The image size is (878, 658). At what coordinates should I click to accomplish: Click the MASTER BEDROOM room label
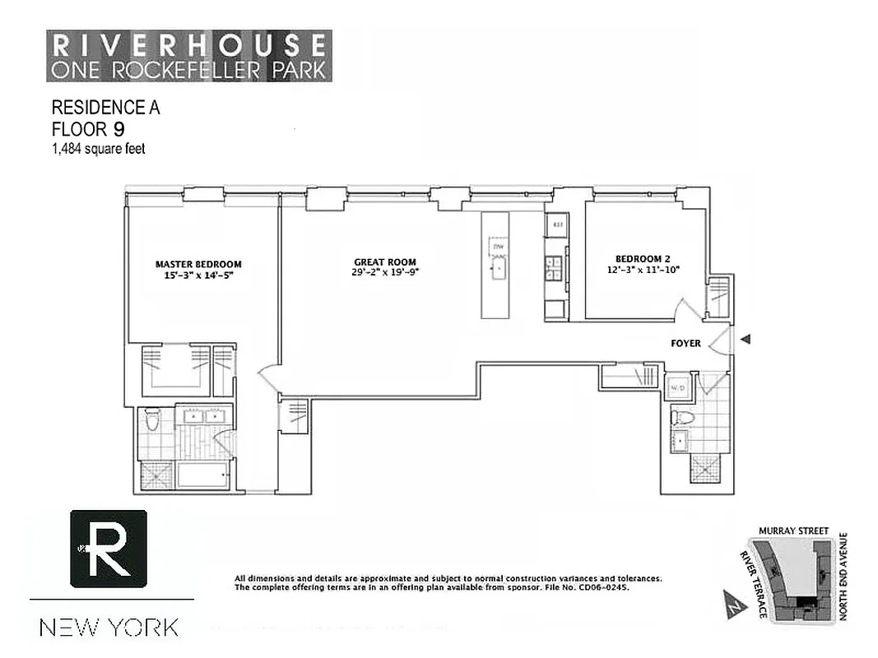pyautogui.click(x=198, y=264)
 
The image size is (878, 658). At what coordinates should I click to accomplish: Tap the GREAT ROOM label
pyautogui.click(x=381, y=262)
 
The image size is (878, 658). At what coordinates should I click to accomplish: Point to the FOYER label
pyautogui.click(x=685, y=343)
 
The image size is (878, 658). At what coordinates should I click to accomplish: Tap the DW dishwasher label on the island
pyautogui.click(x=498, y=247)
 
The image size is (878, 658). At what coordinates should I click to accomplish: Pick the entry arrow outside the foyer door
pyautogui.click(x=746, y=339)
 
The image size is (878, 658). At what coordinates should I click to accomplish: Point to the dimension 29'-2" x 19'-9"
pyautogui.click(x=381, y=275)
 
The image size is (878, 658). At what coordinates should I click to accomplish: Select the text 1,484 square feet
pyautogui.click(x=99, y=148)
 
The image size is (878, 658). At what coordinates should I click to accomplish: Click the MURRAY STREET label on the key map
pyautogui.click(x=794, y=531)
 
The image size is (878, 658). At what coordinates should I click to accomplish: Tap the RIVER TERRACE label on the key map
pyautogui.click(x=752, y=586)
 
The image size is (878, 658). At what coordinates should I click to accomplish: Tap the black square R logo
pyautogui.click(x=109, y=549)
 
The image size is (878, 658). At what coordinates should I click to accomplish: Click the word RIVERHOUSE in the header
pyautogui.click(x=188, y=44)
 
